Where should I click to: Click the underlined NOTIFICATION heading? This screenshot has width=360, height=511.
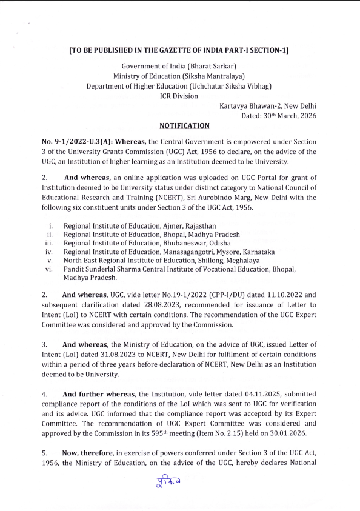(184, 125)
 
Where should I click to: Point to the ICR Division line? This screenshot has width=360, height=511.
(178, 96)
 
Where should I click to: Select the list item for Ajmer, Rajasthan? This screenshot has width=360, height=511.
(139, 225)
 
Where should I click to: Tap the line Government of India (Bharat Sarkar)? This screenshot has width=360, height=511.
(179, 66)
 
